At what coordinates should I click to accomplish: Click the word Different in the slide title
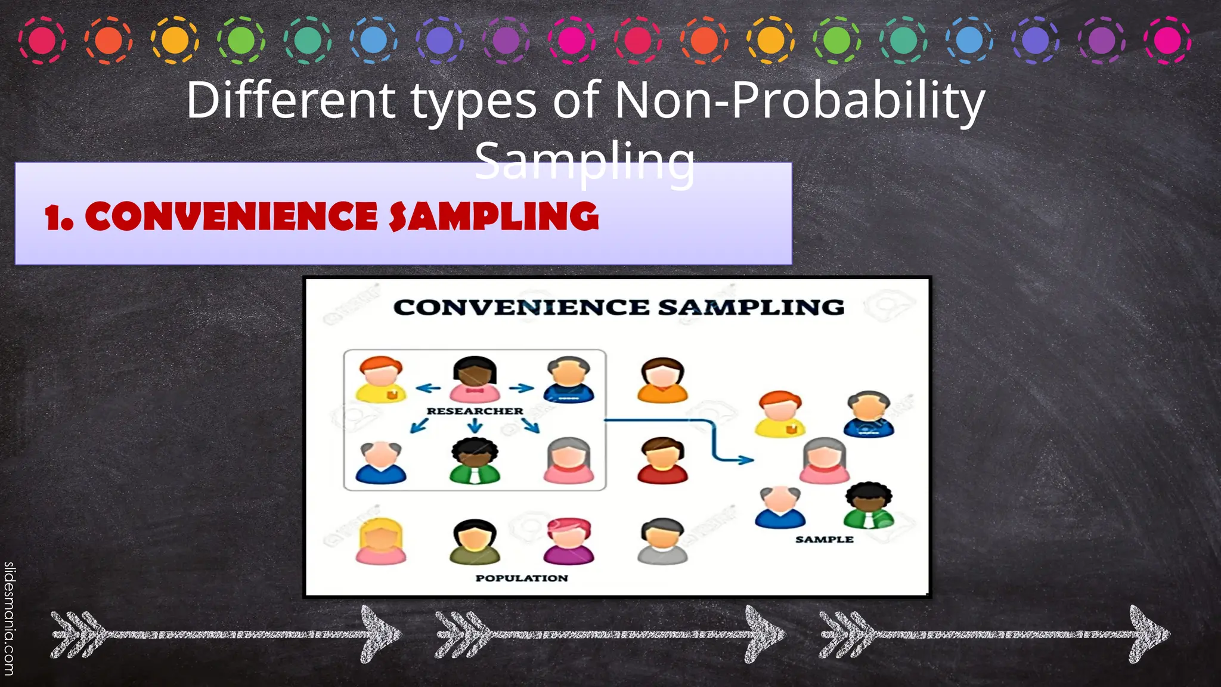coord(290,100)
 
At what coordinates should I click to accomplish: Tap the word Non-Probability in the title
coord(799,100)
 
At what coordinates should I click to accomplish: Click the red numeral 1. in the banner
coord(59,218)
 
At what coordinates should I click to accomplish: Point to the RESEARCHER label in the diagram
coord(475,411)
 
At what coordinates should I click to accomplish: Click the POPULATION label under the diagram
coord(522,578)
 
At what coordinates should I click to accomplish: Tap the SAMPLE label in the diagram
coord(824,539)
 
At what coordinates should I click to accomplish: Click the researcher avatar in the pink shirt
coord(475,379)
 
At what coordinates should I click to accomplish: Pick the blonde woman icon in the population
coord(381,541)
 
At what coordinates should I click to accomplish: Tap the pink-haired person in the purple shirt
coord(569,541)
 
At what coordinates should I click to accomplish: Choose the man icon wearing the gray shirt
coord(662,541)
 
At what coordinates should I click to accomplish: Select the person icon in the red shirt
coord(662,460)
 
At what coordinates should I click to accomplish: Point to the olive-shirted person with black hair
coord(475,541)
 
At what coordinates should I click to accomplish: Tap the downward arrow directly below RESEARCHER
coord(475,425)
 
